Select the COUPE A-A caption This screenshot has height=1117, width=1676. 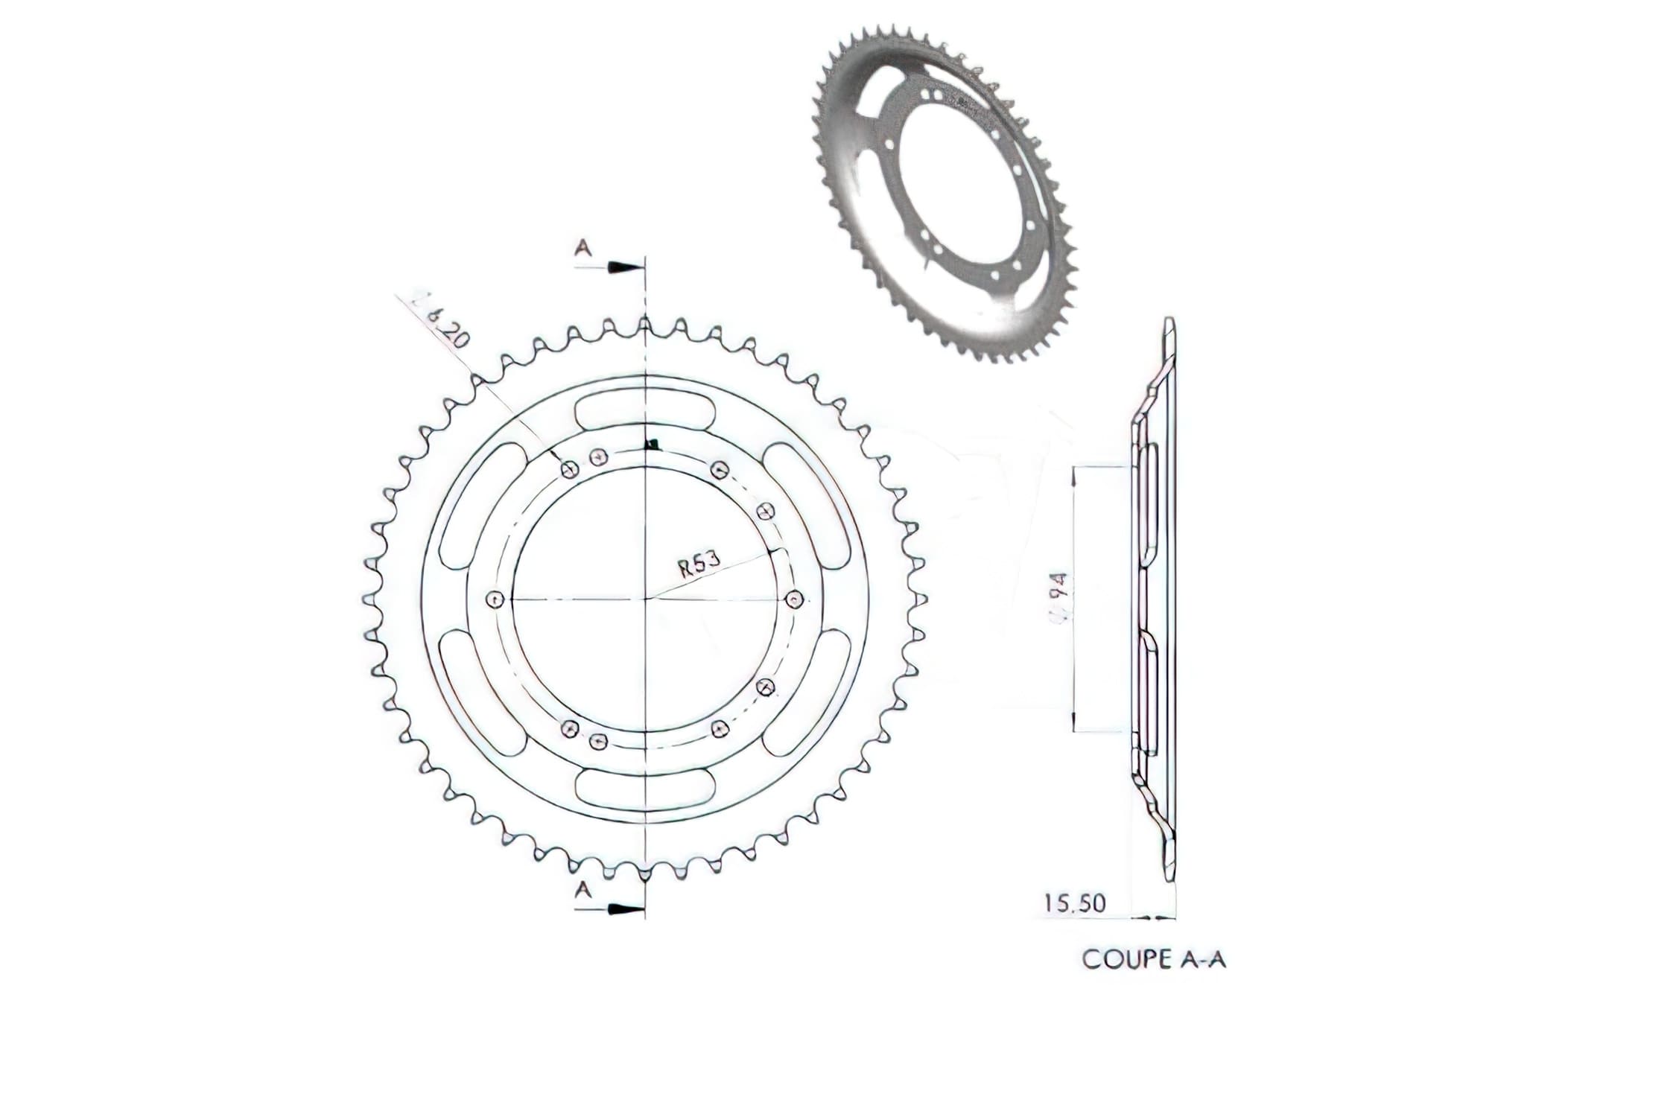coord(1154,959)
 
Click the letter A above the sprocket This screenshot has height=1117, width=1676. coord(583,249)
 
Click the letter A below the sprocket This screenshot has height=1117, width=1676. coord(583,889)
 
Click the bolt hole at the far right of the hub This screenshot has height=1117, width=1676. coord(796,599)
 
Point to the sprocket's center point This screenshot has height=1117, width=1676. coord(646,599)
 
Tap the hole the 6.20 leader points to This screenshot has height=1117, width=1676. coord(570,469)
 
